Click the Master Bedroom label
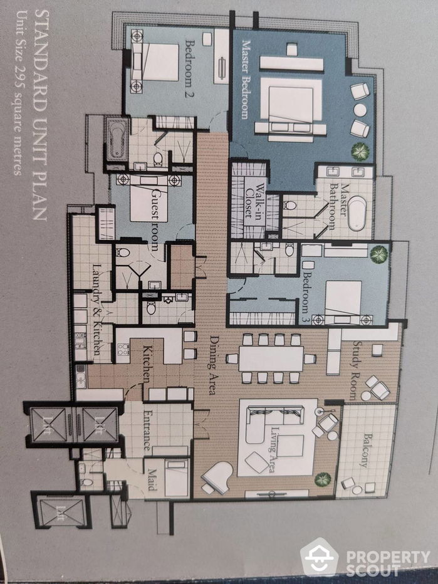point(246,80)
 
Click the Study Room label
point(355,370)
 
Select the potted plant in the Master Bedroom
point(360,151)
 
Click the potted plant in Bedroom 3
point(378,254)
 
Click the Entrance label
point(148,430)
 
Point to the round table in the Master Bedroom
point(360,110)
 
